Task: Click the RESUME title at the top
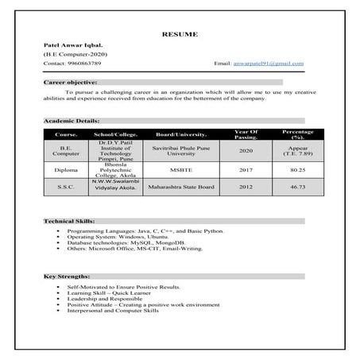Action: [180, 34]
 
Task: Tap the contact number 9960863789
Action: [83, 63]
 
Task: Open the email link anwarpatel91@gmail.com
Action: [270, 63]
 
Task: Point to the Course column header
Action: [66, 134]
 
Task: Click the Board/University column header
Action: [181, 134]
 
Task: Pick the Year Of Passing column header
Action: [246, 134]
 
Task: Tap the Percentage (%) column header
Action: [298, 134]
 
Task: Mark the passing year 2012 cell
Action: [246, 187]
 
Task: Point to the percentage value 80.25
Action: [298, 169]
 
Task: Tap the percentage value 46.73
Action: [298, 187]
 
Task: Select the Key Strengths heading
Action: [66, 277]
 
